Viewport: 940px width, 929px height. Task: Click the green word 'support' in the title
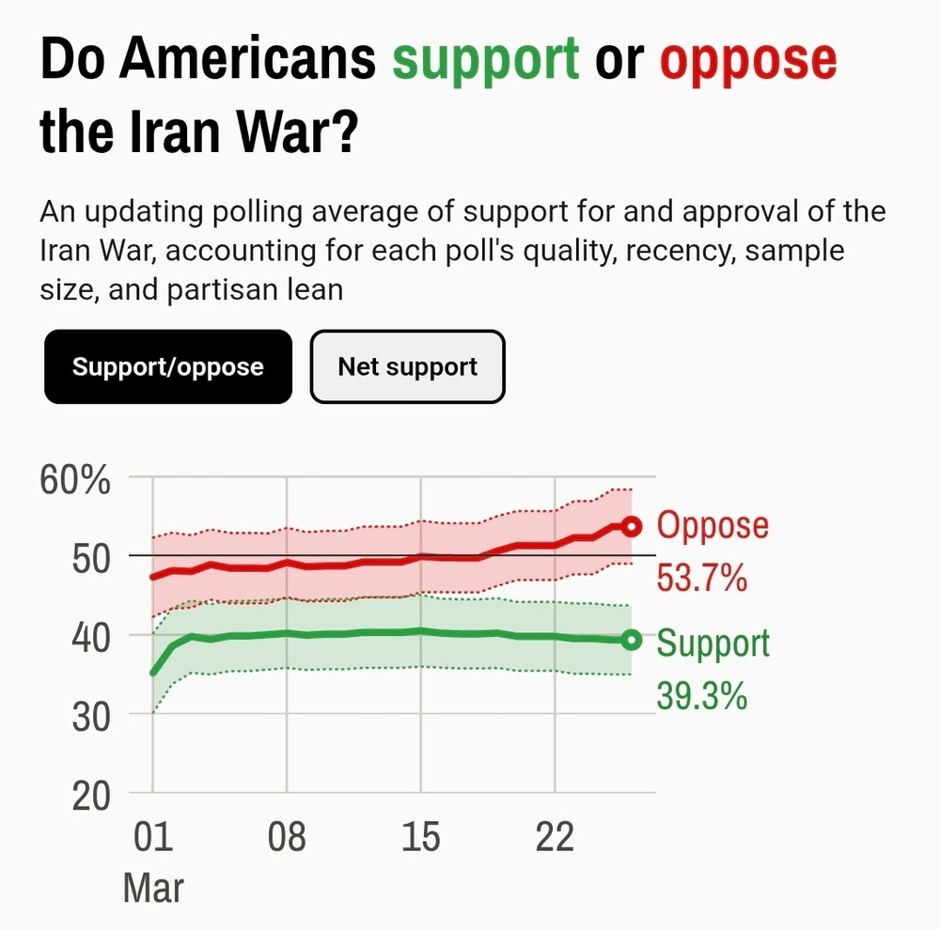[x=485, y=61]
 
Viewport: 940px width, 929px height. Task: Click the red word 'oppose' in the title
[x=747, y=61]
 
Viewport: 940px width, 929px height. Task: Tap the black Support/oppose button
[x=168, y=366]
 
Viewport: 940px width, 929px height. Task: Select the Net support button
[x=407, y=366]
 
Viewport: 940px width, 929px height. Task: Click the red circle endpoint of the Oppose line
[x=632, y=526]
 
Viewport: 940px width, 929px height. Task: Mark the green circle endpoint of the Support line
[x=632, y=640]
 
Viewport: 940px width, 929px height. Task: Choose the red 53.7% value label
[x=702, y=578]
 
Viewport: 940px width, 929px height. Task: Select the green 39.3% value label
[x=702, y=696]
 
